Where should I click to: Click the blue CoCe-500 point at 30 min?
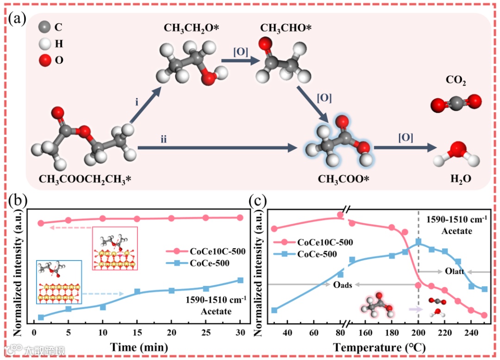click(240, 280)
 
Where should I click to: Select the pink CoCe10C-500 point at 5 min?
click(69, 221)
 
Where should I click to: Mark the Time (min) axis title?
click(137, 347)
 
